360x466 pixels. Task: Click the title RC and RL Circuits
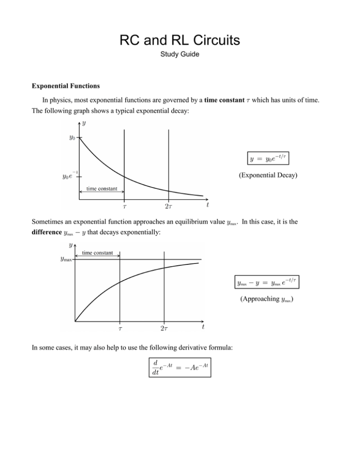pyautogui.click(x=180, y=41)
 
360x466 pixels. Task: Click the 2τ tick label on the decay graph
pyautogui.click(x=168, y=207)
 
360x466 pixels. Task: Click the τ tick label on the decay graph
pyautogui.click(x=124, y=207)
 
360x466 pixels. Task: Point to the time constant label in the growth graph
pyautogui.click(x=97, y=252)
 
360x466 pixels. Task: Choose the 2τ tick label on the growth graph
pyautogui.click(x=164, y=329)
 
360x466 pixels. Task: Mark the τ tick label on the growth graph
pyautogui.click(x=120, y=329)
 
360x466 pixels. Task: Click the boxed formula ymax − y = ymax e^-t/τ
pyautogui.click(x=263, y=282)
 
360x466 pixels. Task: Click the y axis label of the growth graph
pyautogui.click(x=71, y=245)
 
